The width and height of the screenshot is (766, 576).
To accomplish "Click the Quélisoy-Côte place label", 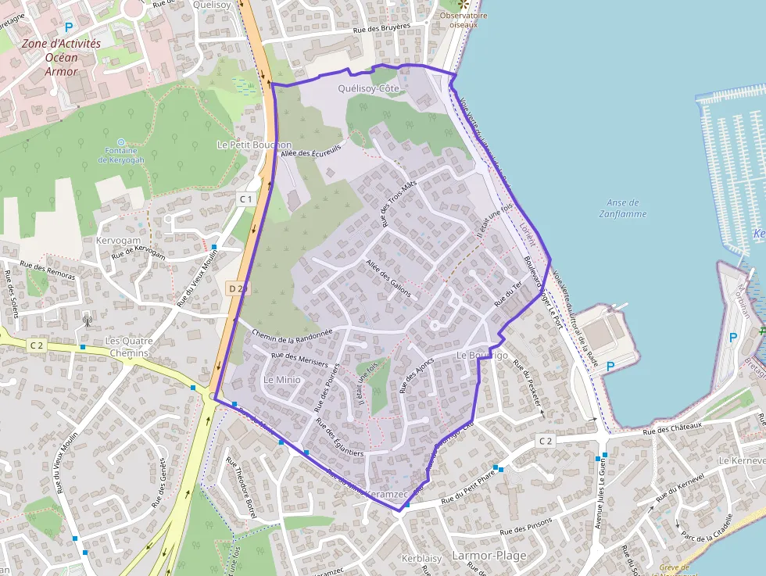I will (368, 89).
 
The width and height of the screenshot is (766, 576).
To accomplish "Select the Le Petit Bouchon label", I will (254, 145).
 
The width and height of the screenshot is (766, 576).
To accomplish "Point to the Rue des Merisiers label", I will (299, 362).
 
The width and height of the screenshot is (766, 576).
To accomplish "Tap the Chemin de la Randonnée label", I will (293, 335).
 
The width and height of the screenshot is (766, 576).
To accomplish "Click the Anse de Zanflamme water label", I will (623, 208).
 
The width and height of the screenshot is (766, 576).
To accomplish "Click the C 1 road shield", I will (246, 199).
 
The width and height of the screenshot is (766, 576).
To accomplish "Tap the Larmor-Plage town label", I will (489, 556).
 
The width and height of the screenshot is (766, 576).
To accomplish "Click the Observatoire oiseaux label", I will (464, 20).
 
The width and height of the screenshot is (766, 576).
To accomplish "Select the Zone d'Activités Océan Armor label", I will (61, 57).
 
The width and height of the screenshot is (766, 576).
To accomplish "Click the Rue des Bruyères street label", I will (382, 27).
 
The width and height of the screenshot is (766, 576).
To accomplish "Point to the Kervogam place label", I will (119, 241).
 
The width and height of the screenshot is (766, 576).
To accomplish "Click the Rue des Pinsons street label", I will (526, 525).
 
